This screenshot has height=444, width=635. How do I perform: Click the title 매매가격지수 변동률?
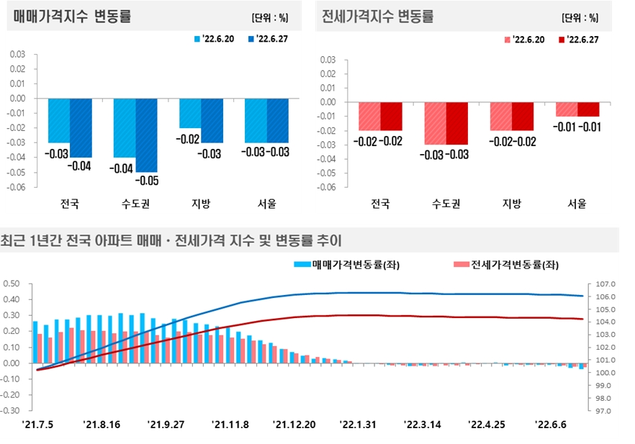[x=72, y=17]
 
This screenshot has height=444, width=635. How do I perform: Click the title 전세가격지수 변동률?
[x=378, y=17]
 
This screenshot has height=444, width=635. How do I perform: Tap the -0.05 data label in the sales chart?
[x=147, y=180]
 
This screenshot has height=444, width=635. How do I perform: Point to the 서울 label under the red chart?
[x=577, y=204]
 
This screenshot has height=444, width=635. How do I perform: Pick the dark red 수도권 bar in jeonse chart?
[x=456, y=123]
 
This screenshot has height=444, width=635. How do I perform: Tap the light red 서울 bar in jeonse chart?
[x=567, y=109]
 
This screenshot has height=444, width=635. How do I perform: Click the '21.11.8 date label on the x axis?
[x=231, y=425]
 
